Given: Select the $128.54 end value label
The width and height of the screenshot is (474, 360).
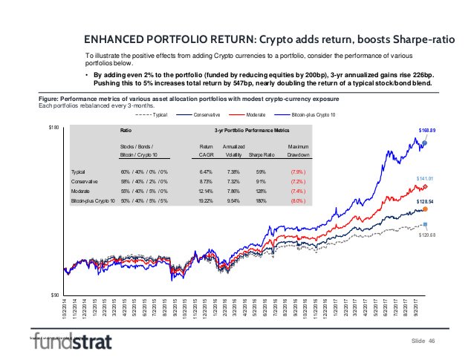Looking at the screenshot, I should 425,201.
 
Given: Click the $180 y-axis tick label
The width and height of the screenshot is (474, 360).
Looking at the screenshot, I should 53,128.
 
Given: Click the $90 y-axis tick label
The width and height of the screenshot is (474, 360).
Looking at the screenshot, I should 54,295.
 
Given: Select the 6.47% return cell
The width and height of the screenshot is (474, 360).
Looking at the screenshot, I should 207,173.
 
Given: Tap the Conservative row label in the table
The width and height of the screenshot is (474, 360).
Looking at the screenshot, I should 83,182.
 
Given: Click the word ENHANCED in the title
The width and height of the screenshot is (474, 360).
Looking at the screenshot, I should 111,39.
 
